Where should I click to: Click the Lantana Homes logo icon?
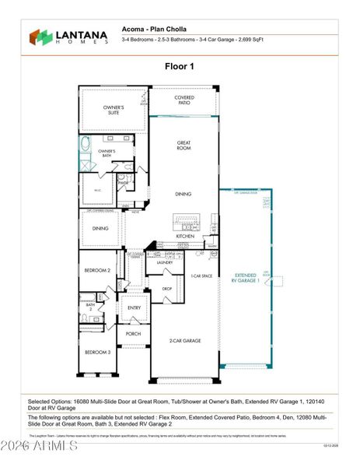click(x=40, y=37)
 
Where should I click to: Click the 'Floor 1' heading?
click(x=180, y=67)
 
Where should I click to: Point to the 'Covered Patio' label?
click(x=184, y=100)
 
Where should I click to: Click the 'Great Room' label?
click(x=183, y=145)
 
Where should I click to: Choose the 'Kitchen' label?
click(x=184, y=235)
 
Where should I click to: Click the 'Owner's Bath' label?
click(x=107, y=153)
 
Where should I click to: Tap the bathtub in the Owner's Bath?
click(x=85, y=153)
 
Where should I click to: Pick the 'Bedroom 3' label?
click(x=96, y=352)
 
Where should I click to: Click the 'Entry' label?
click(x=135, y=307)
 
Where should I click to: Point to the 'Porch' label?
click(x=134, y=335)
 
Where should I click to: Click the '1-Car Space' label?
click(x=203, y=276)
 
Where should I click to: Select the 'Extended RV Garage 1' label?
click(x=245, y=278)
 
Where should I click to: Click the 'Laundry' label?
click(x=164, y=262)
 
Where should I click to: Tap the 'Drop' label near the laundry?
click(x=166, y=288)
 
